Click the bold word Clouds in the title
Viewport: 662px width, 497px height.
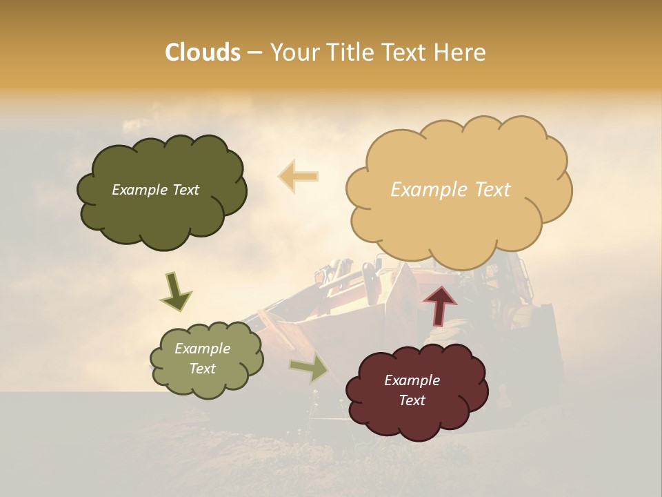[202, 52]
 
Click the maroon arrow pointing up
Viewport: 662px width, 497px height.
[440, 304]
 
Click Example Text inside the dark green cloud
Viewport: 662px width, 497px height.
[155, 190]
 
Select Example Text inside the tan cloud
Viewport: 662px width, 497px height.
[450, 190]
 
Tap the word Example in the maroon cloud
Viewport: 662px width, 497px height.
[412, 380]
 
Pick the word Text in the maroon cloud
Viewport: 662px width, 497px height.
[412, 400]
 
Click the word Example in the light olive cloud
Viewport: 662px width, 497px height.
[202, 349]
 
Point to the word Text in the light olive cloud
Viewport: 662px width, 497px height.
[202, 369]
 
